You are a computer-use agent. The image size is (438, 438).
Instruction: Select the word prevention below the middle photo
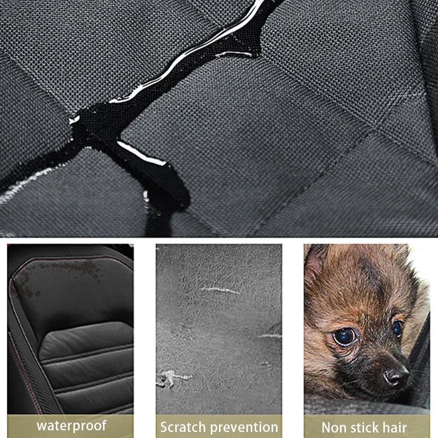[x=245, y=427]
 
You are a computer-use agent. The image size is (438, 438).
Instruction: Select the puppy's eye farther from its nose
[x=344, y=336]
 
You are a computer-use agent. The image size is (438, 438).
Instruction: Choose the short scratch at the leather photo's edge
[x=271, y=335]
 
